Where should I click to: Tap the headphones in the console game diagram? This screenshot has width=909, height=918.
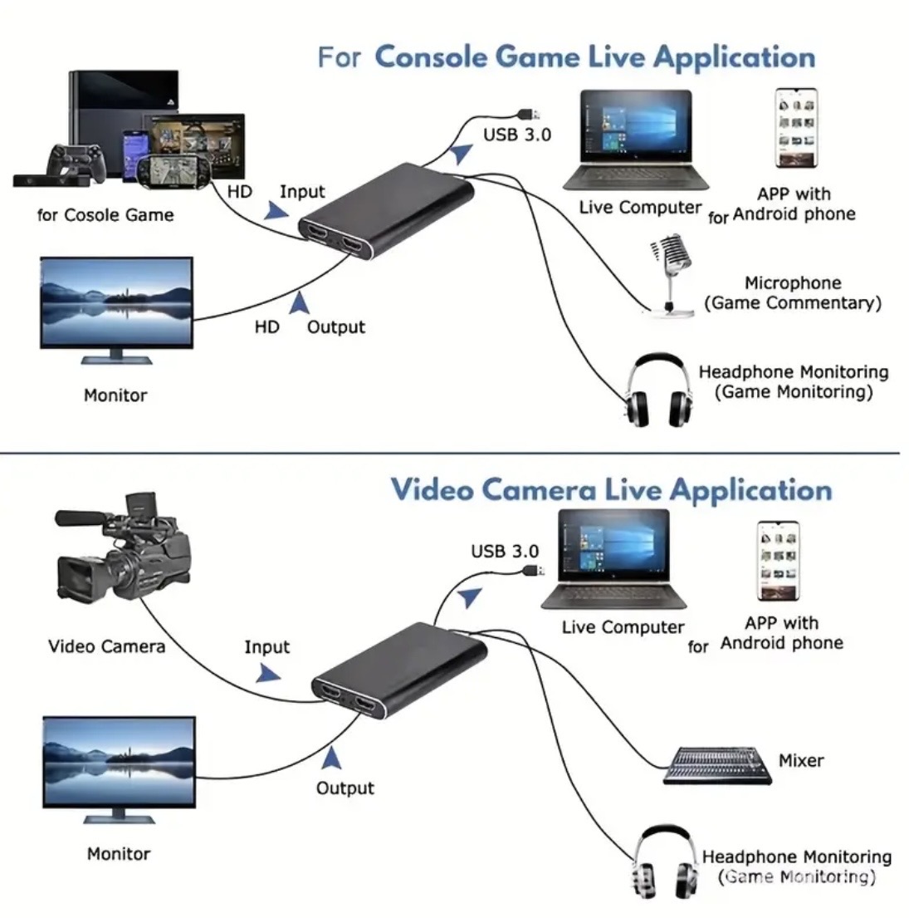[658, 391]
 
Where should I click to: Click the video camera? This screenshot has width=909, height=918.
[125, 552]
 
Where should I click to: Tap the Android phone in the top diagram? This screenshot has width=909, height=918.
[795, 129]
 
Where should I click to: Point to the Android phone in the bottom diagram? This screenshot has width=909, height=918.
[777, 560]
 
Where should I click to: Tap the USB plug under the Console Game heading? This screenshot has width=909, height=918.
[526, 113]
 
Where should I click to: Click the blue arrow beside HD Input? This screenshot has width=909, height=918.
[275, 212]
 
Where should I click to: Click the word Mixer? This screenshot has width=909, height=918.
[801, 760]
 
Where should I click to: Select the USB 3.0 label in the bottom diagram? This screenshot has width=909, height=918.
[505, 551]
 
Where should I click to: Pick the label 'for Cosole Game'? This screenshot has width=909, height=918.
[105, 215]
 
